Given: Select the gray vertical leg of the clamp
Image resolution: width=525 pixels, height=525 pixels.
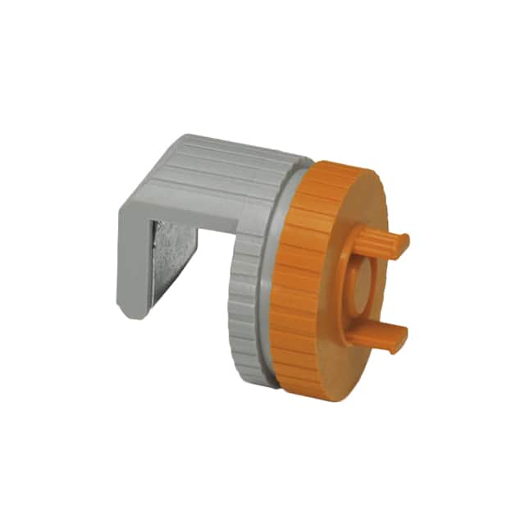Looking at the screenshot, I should pyautogui.click(x=133, y=262).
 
